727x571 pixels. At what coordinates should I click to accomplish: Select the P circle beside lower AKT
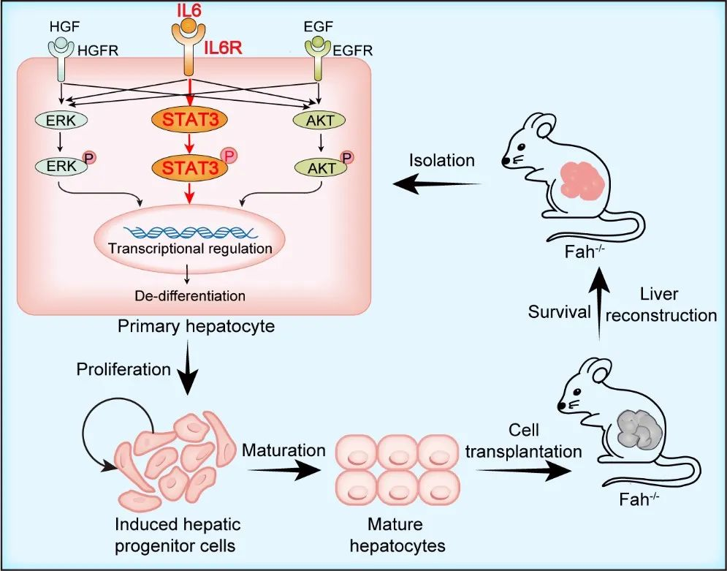(x=347, y=157)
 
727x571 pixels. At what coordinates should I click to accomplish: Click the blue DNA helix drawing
(x=189, y=232)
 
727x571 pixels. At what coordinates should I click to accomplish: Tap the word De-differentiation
(x=189, y=296)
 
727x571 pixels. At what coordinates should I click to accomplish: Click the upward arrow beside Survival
(x=601, y=300)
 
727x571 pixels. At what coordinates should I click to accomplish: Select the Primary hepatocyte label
(x=197, y=326)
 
